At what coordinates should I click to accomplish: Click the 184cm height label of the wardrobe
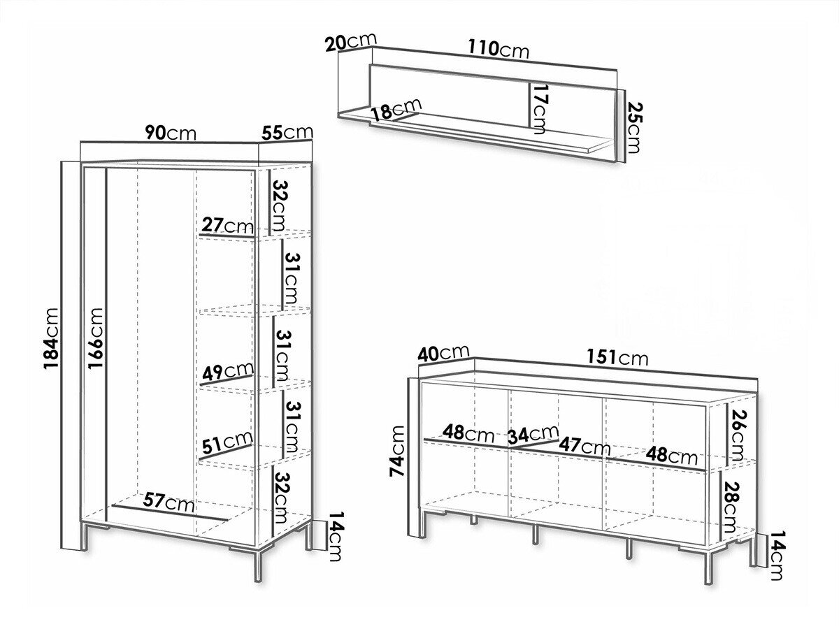51,338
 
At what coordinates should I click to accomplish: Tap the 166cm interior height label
96,338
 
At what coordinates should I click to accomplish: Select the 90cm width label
171,133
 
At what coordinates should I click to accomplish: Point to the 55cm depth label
287,132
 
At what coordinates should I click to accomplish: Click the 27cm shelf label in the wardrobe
227,225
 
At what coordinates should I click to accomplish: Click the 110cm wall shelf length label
499,49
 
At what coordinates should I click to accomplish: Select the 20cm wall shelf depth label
351,42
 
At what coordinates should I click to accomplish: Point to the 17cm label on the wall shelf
539,109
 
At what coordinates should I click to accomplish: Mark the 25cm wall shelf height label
633,128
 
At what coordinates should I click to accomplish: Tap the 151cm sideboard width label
617,358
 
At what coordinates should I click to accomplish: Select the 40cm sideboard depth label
443,353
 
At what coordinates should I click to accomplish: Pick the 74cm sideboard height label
397,450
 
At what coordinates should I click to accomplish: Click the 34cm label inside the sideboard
533,434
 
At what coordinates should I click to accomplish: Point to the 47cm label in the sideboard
585,446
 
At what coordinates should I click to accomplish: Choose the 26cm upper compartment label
738,435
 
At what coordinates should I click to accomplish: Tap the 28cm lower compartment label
731,507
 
